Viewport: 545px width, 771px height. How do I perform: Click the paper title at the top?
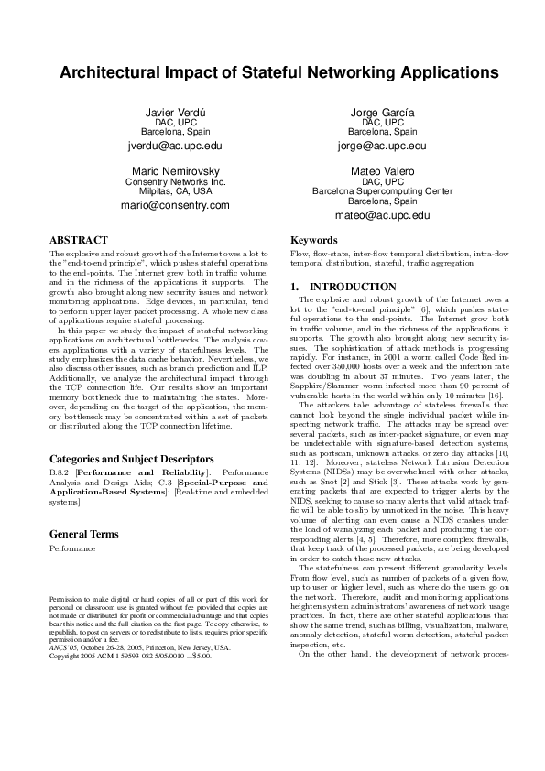tap(272, 72)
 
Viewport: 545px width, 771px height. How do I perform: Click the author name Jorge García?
tap(382, 112)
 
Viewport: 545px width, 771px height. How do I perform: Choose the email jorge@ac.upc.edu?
tap(382, 146)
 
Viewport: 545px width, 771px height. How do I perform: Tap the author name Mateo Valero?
tap(382, 171)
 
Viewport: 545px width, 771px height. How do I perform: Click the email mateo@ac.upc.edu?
tap(382, 215)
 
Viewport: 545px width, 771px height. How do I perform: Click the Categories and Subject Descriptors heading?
tap(132, 459)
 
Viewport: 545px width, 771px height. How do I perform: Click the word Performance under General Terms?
tap(72, 548)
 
